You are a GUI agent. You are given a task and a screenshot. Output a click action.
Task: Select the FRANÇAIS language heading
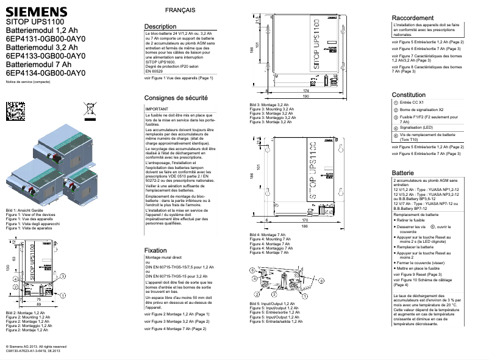click(180, 12)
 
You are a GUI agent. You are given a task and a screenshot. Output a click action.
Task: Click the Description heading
click(160, 27)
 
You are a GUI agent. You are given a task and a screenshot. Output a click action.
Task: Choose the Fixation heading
click(155, 251)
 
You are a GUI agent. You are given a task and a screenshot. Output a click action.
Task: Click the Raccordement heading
click(413, 18)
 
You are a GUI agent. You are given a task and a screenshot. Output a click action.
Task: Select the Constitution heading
click(409, 95)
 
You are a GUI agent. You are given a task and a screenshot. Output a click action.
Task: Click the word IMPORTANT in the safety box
click(157, 108)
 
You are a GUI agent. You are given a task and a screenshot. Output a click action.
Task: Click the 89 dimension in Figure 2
click(38, 304)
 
